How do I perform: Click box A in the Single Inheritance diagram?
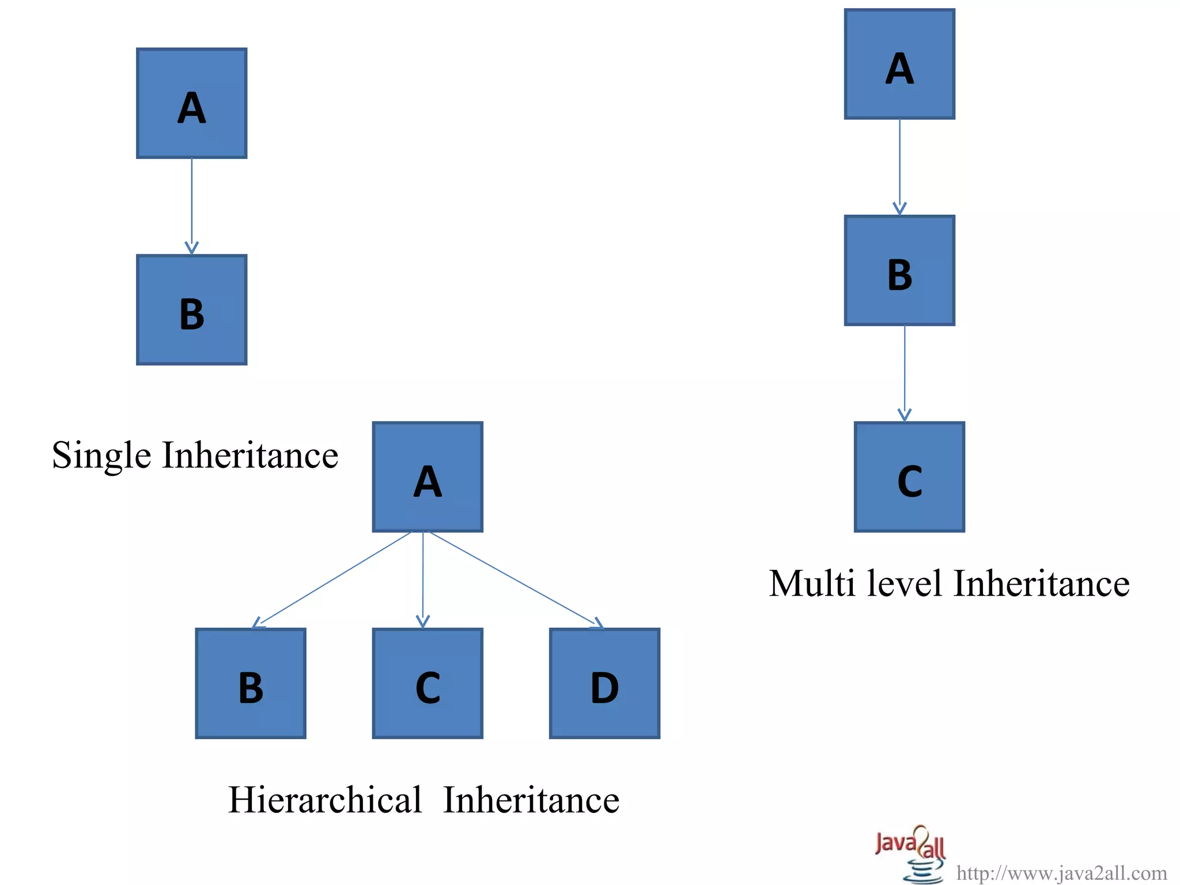192,103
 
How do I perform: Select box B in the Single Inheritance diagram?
192,310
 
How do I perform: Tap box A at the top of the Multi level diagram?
899,64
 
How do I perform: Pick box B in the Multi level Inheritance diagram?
899,271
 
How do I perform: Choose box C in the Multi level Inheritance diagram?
909,477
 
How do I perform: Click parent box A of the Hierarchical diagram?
428,477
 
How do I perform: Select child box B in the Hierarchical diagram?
251,683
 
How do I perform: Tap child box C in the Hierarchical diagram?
428,683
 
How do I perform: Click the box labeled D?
604,683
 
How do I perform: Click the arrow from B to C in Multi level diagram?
905,373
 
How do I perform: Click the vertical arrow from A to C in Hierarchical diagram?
423,578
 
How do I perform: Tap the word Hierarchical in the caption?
325,800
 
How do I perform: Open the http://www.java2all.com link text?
1061,873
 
